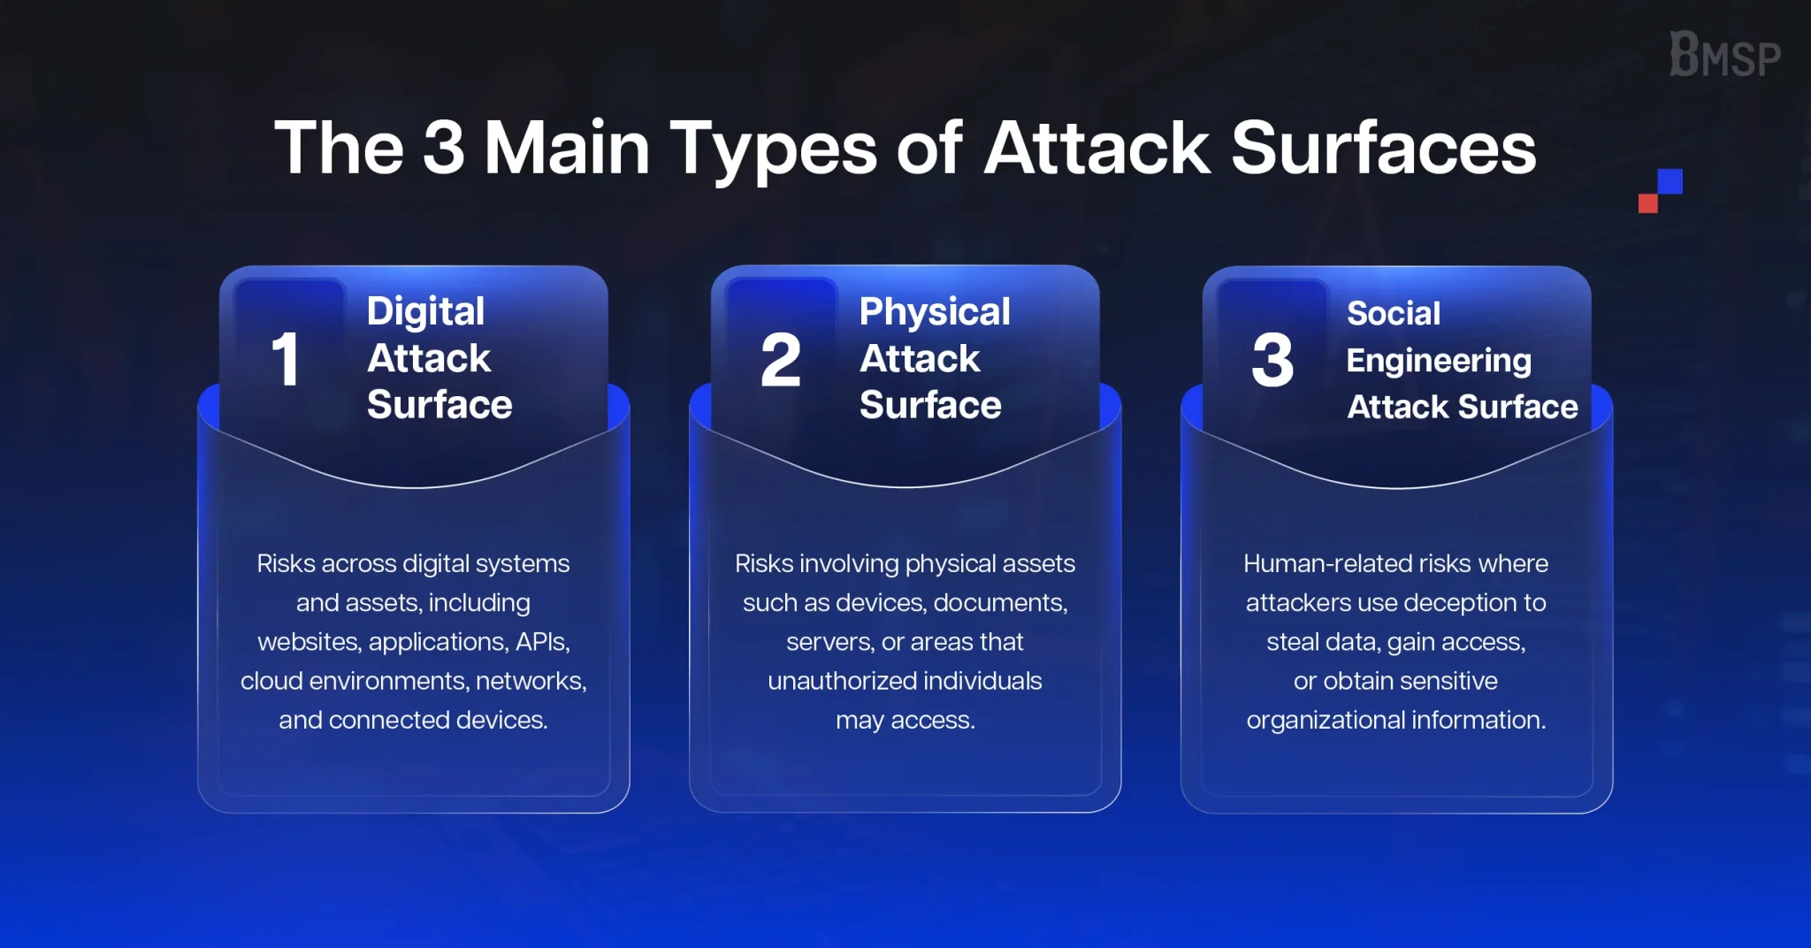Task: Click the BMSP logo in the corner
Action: [x=1724, y=55]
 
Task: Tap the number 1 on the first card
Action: [x=285, y=360]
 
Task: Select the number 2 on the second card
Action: [x=781, y=360]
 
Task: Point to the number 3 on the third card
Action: [x=1272, y=360]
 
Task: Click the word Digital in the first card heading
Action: [x=425, y=312]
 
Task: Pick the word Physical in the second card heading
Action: [x=935, y=312]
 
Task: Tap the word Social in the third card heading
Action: [x=1394, y=313]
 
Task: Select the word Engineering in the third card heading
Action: [x=1439, y=362]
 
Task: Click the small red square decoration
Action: [x=1647, y=203]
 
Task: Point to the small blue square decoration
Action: [x=1670, y=181]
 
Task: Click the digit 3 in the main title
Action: [x=444, y=147]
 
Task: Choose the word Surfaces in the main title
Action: [x=1384, y=147]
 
